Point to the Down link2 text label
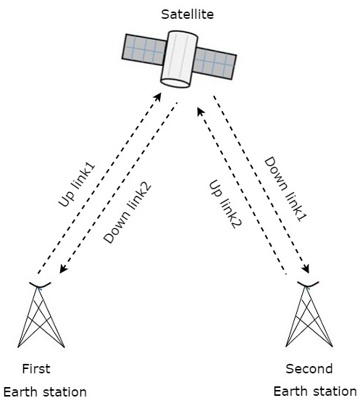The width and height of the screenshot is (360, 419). coord(128,213)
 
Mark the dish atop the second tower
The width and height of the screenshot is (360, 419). coord(309,283)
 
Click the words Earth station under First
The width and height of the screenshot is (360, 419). coord(44,392)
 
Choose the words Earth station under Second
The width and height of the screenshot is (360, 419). coord(315,392)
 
